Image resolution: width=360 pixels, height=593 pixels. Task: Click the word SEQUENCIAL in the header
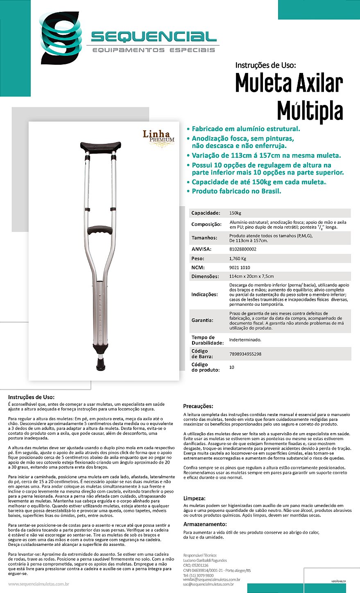coord(154,37)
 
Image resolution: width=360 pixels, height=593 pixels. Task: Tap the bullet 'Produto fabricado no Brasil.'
coord(236,191)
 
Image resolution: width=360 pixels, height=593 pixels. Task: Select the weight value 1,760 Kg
coord(238,259)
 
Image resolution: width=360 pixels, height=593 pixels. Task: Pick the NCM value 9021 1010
coord(239,268)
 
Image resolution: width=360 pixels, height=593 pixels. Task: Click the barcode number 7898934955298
coord(245,354)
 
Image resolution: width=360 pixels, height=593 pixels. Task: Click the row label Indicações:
coord(205,294)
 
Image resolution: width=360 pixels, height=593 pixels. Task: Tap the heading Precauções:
coord(198,406)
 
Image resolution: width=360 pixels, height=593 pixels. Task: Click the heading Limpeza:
coord(194,498)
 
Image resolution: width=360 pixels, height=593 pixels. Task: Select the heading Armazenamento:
coord(205,524)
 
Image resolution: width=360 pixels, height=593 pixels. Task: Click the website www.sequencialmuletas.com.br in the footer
coord(38,584)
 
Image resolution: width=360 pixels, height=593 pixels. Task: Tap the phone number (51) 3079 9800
coord(198,575)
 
